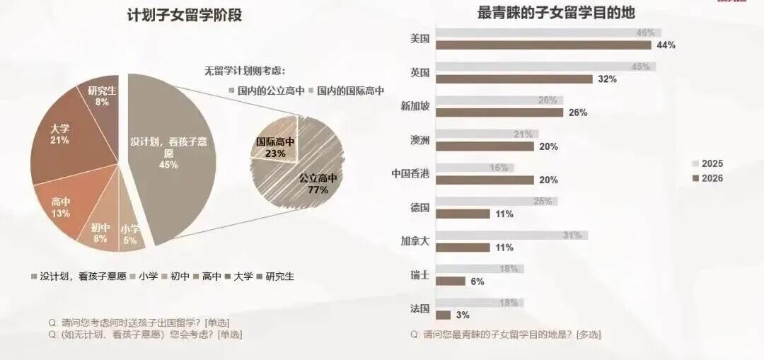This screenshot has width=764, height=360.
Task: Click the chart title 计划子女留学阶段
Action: (x=184, y=14)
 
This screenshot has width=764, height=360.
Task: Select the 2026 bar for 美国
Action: (x=543, y=45)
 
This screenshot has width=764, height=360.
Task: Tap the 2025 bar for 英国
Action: (x=545, y=66)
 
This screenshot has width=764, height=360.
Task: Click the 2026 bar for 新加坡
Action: (x=499, y=112)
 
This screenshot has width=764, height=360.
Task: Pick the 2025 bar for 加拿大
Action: (x=511, y=235)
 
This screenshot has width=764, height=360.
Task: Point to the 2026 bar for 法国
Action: (x=444, y=315)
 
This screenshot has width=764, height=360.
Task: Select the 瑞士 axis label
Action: (x=419, y=275)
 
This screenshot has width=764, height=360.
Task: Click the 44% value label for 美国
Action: (x=666, y=45)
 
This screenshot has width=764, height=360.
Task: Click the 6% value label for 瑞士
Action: (x=477, y=281)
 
